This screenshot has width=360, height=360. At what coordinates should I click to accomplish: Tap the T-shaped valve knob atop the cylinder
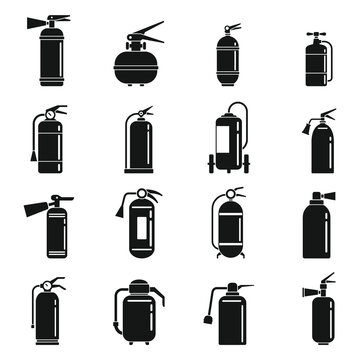coord(311,36)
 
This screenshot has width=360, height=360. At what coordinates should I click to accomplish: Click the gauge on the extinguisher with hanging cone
coord(40,116)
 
